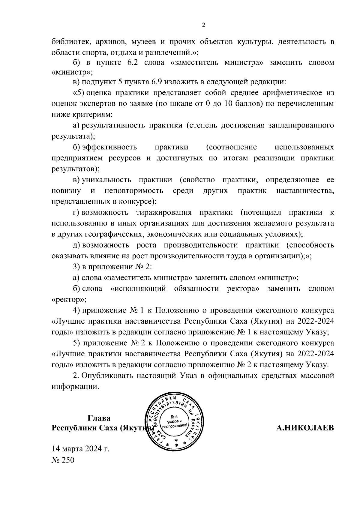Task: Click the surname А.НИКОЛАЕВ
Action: [305, 428]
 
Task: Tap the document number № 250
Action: [63, 460]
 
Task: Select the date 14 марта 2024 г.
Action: [81, 449]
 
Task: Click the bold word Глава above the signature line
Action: [99, 418]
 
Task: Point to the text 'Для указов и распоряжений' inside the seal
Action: [174, 421]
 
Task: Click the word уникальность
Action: [107, 180]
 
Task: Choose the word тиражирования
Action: [163, 212]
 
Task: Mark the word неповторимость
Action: [134, 190]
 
